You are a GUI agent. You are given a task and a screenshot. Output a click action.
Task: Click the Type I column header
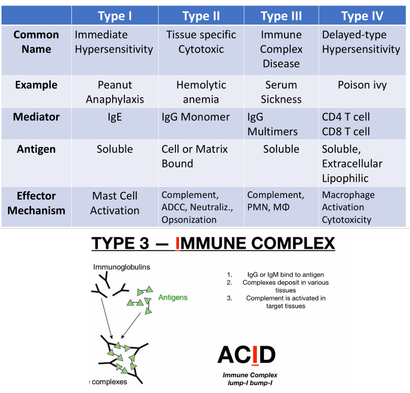tap(115, 16)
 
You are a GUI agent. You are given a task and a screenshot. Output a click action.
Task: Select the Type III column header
tap(281, 16)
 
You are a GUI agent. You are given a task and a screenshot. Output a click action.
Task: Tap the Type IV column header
tap(362, 16)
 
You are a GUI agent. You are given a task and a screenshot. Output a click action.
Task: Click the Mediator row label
tap(36, 117)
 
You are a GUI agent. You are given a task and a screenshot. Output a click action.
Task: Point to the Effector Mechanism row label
tap(36, 203)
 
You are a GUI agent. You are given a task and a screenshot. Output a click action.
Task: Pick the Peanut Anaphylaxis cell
tap(115, 92)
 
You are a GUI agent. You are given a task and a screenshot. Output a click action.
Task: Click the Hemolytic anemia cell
tap(201, 92)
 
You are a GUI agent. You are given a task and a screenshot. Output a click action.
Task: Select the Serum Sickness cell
tap(281, 92)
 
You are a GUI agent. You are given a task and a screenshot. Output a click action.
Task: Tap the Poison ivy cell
tap(362, 85)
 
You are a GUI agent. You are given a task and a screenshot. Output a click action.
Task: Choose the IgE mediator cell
tap(115, 117)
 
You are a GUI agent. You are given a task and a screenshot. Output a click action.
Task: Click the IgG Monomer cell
tap(196, 117)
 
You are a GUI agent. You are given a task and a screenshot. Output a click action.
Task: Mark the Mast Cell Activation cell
tap(115, 203)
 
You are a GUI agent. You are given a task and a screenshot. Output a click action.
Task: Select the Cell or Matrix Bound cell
tap(195, 156)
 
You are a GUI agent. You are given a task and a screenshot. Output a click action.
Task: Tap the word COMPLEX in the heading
tap(296, 244)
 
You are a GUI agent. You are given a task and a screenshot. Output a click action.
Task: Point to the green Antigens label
tap(173, 297)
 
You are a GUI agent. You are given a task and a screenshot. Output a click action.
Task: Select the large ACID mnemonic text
tap(246, 354)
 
